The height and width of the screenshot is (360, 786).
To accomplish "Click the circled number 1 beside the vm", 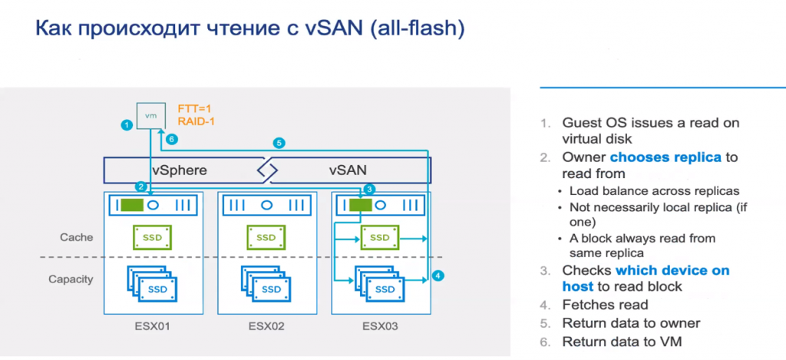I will click(x=125, y=124).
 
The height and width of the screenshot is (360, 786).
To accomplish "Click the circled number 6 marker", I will click(x=172, y=139).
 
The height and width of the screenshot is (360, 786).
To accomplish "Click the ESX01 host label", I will click(x=151, y=326).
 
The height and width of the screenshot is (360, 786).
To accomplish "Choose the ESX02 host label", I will click(x=266, y=326).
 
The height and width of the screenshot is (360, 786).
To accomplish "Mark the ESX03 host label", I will click(x=380, y=326).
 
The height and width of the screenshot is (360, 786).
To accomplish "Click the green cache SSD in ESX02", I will click(x=265, y=237).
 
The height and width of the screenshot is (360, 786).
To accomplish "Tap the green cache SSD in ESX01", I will click(x=151, y=237).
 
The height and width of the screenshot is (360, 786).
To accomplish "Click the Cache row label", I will click(x=78, y=237).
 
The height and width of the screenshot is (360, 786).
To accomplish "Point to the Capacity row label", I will click(x=73, y=279).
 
